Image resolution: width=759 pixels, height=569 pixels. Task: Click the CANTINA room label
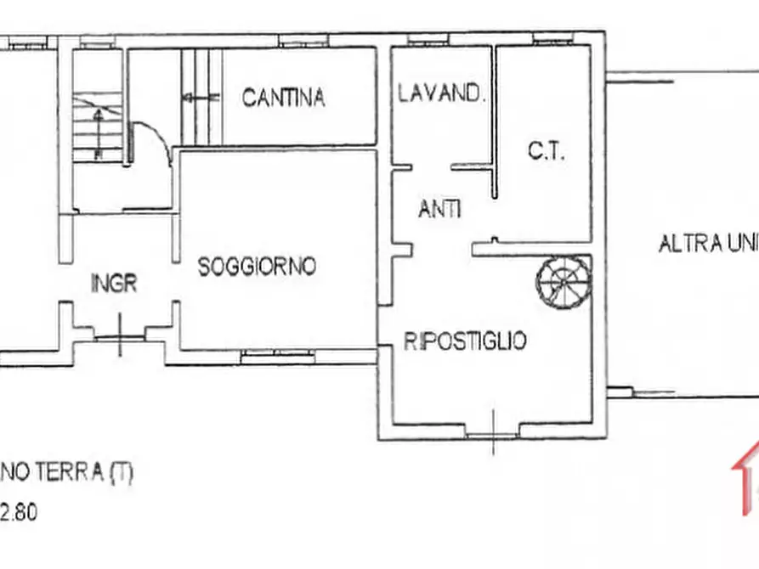(283, 98)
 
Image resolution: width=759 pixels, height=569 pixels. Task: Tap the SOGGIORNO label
(257, 267)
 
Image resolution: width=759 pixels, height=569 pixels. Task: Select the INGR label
(114, 284)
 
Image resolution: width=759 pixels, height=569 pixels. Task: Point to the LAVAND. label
(441, 93)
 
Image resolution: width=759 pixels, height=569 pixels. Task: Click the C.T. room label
(547, 152)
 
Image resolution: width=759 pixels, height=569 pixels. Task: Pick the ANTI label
(439, 209)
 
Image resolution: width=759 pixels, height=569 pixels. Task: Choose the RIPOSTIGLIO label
(465, 341)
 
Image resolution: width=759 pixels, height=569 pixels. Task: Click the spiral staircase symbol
(563, 281)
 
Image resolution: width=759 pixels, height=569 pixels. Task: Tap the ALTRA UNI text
(708, 245)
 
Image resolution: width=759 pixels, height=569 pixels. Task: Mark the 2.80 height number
(19, 513)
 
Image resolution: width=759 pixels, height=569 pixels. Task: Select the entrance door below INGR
(119, 337)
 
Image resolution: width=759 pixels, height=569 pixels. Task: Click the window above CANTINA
(304, 41)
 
